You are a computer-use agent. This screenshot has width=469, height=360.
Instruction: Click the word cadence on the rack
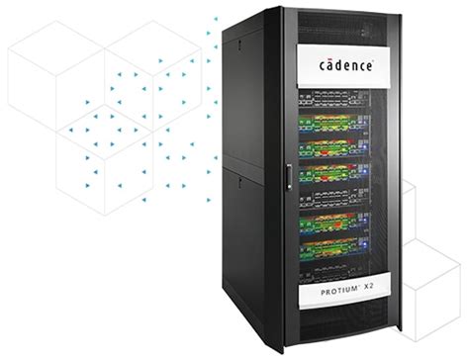(346, 65)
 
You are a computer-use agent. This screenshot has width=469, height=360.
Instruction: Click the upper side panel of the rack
(243, 99)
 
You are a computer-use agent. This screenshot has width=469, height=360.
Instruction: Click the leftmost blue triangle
(88, 101)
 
